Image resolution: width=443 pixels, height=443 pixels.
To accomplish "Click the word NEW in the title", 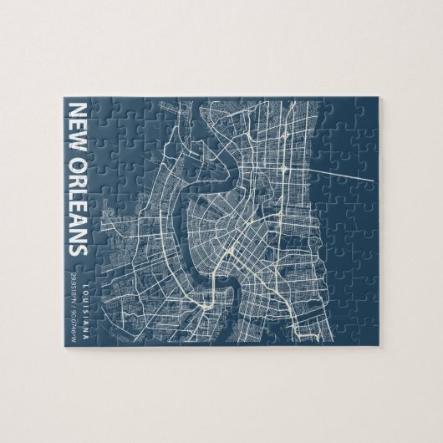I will pyautogui.click(x=77, y=122).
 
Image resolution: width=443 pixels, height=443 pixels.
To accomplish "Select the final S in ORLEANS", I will pyautogui.click(x=77, y=249).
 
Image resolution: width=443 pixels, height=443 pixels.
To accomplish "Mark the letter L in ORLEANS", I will pyautogui.click(x=77, y=188).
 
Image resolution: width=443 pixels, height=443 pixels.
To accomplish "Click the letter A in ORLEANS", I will pyautogui.click(x=77, y=217).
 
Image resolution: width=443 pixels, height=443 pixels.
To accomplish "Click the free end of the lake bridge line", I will pyautogui.click(x=369, y=178).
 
